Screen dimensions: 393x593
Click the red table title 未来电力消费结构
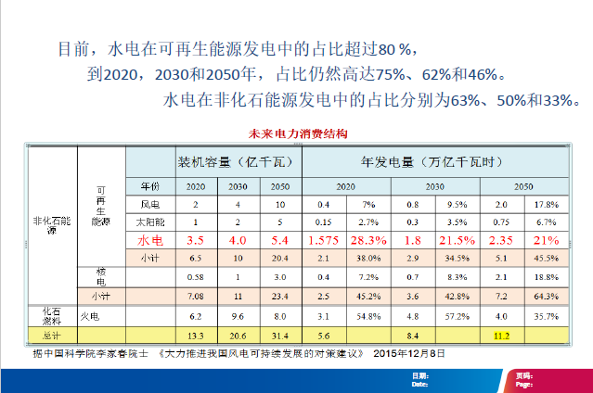tap(299, 133)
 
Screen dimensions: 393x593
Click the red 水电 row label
tap(149, 238)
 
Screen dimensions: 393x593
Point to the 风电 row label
tap(149, 203)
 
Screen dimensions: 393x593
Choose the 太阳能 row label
tap(149, 221)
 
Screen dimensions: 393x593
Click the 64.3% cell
tap(546, 296)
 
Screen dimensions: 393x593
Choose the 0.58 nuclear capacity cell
tap(195, 276)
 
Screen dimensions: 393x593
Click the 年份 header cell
tap(149, 185)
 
